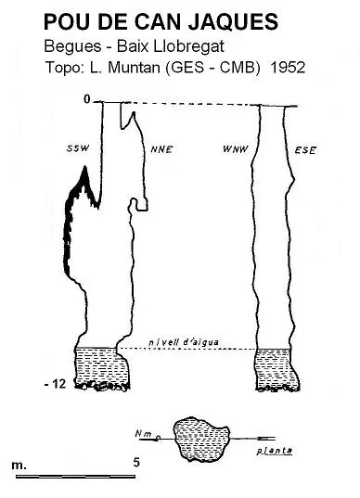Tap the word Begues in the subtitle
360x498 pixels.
pyautogui.click(x=72, y=46)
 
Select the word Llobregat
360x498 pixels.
pyautogui.click(x=188, y=46)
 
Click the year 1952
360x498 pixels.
pyautogui.click(x=288, y=68)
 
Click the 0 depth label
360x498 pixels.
pyautogui.click(x=87, y=99)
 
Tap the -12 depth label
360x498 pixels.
pyautogui.click(x=56, y=384)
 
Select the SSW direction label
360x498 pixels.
pyautogui.click(x=78, y=148)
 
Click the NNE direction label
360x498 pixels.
pyautogui.click(x=161, y=149)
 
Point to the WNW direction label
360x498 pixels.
pyautogui.click(x=236, y=149)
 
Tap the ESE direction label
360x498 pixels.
pyautogui.click(x=305, y=150)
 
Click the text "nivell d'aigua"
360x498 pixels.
pyautogui.click(x=184, y=342)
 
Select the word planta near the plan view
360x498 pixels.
pyautogui.click(x=275, y=451)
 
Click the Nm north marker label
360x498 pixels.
pyautogui.click(x=143, y=433)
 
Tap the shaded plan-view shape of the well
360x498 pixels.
pyautogui.click(x=201, y=439)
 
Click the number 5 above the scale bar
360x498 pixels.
pyautogui.click(x=136, y=462)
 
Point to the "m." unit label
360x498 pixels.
pyautogui.click(x=19, y=466)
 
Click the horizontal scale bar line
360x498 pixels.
pyautogui.click(x=76, y=477)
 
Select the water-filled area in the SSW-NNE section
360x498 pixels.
pyautogui.click(x=102, y=366)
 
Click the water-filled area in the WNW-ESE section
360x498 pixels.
pyautogui.click(x=277, y=368)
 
